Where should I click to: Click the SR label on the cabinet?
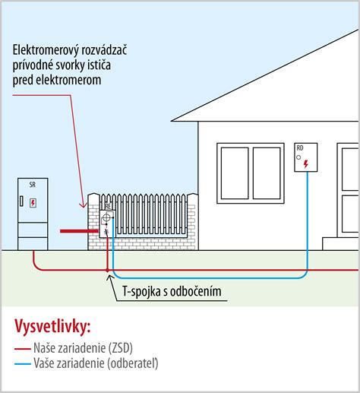[x=32, y=185]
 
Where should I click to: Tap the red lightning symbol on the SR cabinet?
[x=33, y=203]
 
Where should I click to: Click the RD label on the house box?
[x=300, y=147]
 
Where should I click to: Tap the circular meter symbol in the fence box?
[x=106, y=216]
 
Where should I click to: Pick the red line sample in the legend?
[x=21, y=348]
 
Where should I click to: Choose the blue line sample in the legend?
[x=21, y=363]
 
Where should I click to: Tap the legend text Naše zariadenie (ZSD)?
[x=84, y=348]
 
